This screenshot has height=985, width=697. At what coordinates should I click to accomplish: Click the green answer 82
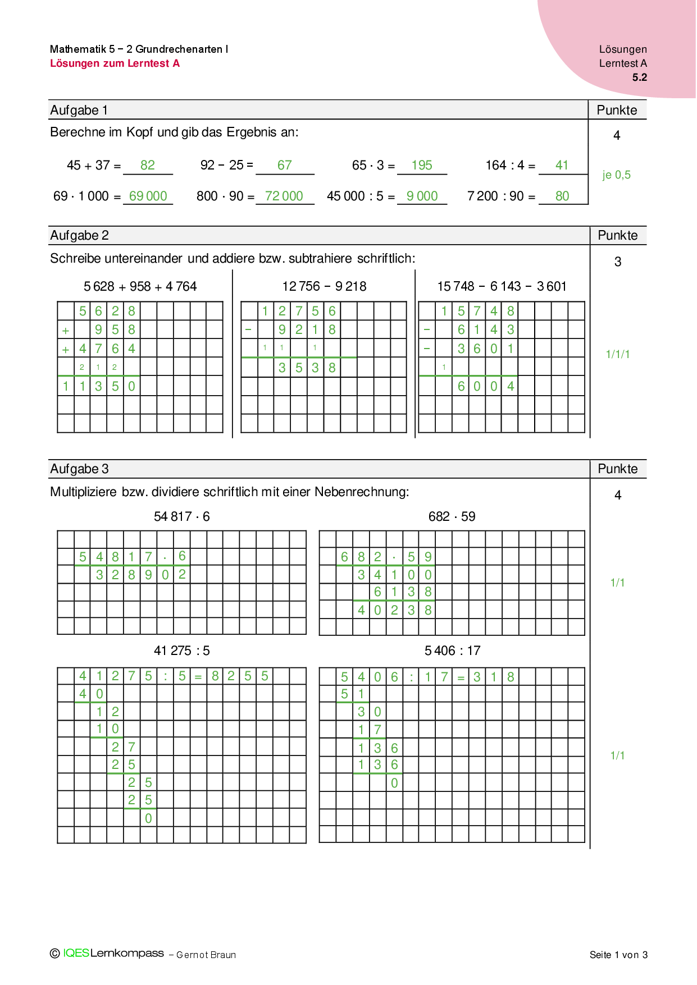pos(148,165)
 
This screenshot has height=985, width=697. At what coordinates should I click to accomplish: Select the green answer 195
pos(422,165)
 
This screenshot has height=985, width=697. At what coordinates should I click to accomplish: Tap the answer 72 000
pos(284,196)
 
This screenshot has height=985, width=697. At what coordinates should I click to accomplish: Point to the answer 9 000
pos(422,196)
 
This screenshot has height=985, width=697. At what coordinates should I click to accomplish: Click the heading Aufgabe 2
pos(80,236)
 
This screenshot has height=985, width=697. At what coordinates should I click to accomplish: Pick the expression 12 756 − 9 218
pos(324,286)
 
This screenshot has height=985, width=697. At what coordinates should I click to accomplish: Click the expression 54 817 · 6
pos(182,516)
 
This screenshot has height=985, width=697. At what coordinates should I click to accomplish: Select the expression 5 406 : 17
pos(453,650)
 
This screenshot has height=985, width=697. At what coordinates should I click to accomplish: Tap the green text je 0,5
pos(617,175)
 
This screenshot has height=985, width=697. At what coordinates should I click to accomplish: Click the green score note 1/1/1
pos(618,354)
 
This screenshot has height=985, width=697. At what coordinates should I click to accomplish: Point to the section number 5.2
pos(640,77)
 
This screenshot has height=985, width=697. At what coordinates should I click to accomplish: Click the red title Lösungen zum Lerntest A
pos(115,63)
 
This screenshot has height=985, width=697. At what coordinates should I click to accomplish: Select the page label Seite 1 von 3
pos(618,955)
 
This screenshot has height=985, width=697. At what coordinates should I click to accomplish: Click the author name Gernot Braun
pos(206,955)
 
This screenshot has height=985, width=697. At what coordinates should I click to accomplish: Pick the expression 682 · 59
pos(452,516)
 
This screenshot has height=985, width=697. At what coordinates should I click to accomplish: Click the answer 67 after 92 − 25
pos(285,165)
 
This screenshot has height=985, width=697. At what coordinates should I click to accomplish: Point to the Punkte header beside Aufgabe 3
pos(618,469)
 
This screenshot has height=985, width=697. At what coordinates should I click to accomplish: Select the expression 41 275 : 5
pos(182,650)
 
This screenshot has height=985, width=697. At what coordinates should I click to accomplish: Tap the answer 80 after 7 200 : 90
pos(562,196)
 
